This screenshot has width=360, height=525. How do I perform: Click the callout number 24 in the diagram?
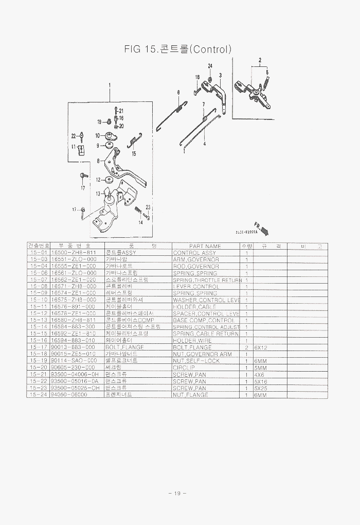tap(210, 66)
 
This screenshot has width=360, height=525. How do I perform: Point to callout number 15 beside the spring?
tap(134, 153)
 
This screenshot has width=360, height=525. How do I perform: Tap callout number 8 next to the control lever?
tap(98, 161)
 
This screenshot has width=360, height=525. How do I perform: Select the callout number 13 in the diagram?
tap(98, 193)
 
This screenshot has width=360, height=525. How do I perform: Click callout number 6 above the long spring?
tap(178, 93)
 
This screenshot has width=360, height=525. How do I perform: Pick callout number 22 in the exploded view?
tap(74, 136)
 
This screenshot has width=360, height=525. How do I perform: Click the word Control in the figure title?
tap(211, 49)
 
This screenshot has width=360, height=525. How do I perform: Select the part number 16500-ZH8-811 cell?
tap(74, 253)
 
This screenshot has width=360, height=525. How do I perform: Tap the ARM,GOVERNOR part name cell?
tap(196, 259)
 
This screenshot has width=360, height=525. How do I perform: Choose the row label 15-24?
tap(39, 395)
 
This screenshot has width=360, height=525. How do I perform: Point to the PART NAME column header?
tap(205, 246)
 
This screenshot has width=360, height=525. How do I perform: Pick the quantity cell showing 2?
tap(246, 347)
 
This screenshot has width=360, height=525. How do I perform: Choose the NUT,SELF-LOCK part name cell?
tap(196, 361)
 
